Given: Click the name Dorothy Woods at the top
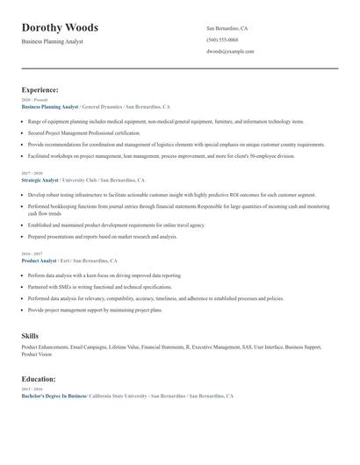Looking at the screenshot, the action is click(x=60, y=28).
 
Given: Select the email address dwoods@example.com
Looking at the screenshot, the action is click(x=230, y=51).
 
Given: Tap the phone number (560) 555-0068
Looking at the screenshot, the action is click(x=222, y=39).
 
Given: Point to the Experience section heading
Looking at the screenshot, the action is click(x=40, y=89).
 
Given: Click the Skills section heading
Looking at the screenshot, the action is click(x=30, y=336).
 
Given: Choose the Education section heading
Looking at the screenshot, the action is click(x=39, y=379).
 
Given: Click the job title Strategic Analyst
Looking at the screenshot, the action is click(x=40, y=180).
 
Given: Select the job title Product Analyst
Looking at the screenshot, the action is click(x=39, y=261).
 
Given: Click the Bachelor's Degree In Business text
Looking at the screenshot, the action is click(x=54, y=397).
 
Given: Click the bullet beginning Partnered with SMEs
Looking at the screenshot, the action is click(x=100, y=287).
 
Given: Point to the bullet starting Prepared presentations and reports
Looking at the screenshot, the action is click(x=102, y=236).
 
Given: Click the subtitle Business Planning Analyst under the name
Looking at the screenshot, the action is click(x=53, y=42).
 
